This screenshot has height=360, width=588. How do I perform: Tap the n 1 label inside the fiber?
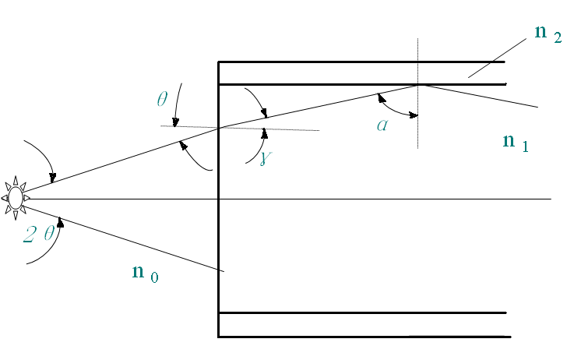click(516, 142)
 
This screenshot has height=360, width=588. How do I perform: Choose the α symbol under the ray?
click(382, 125)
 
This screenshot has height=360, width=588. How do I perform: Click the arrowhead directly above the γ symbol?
click(265, 132)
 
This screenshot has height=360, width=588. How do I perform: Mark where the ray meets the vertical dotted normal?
click(418, 84)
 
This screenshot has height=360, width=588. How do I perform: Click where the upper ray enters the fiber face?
click(219, 127)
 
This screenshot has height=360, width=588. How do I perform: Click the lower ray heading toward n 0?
click(125, 235)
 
